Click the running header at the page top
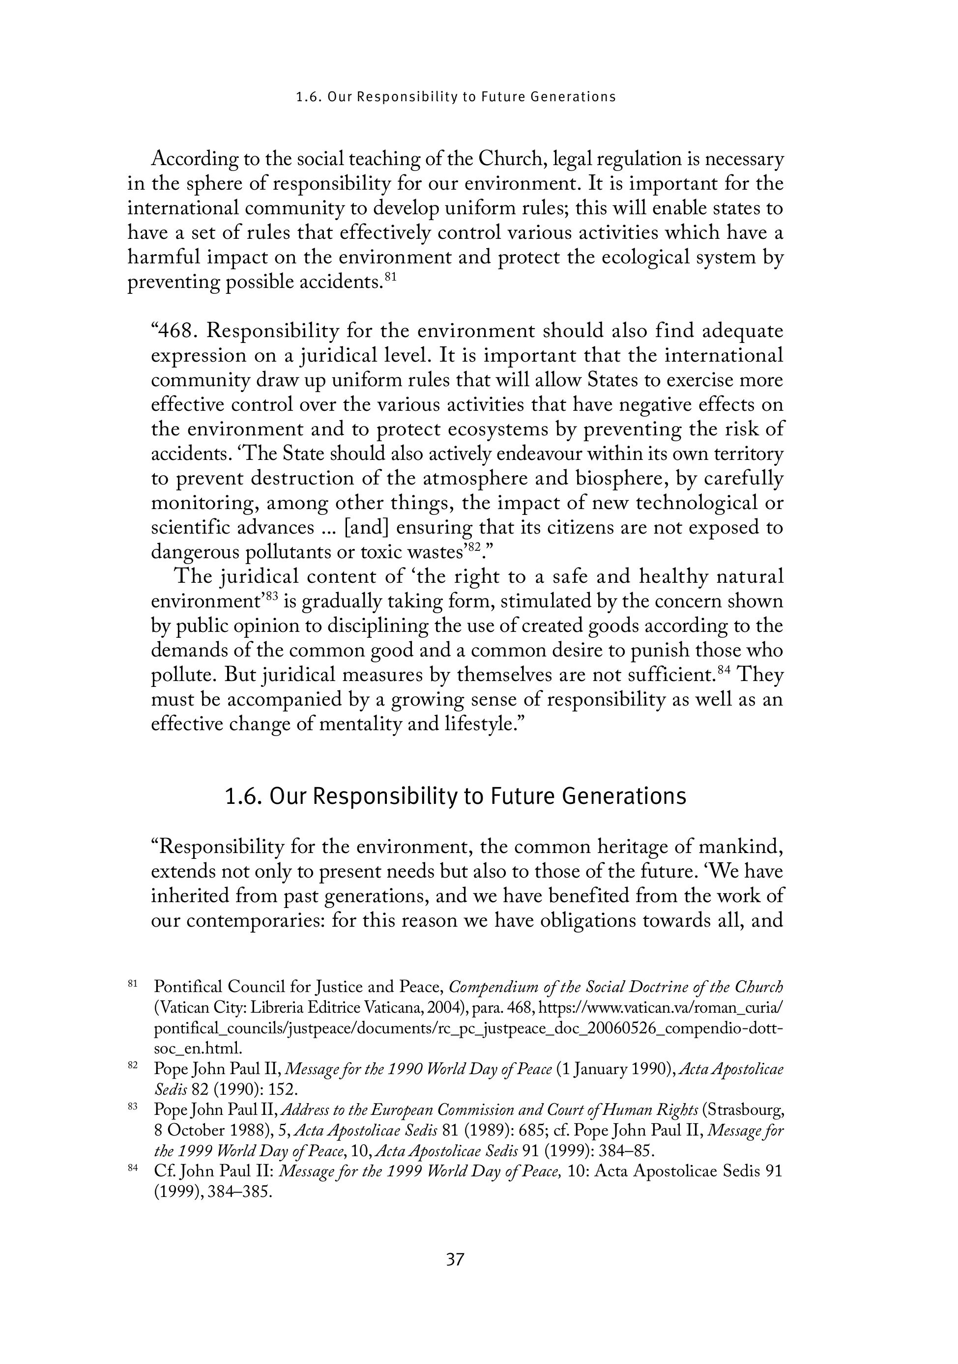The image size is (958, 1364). coord(456,97)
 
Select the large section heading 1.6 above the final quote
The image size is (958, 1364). coord(455,796)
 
